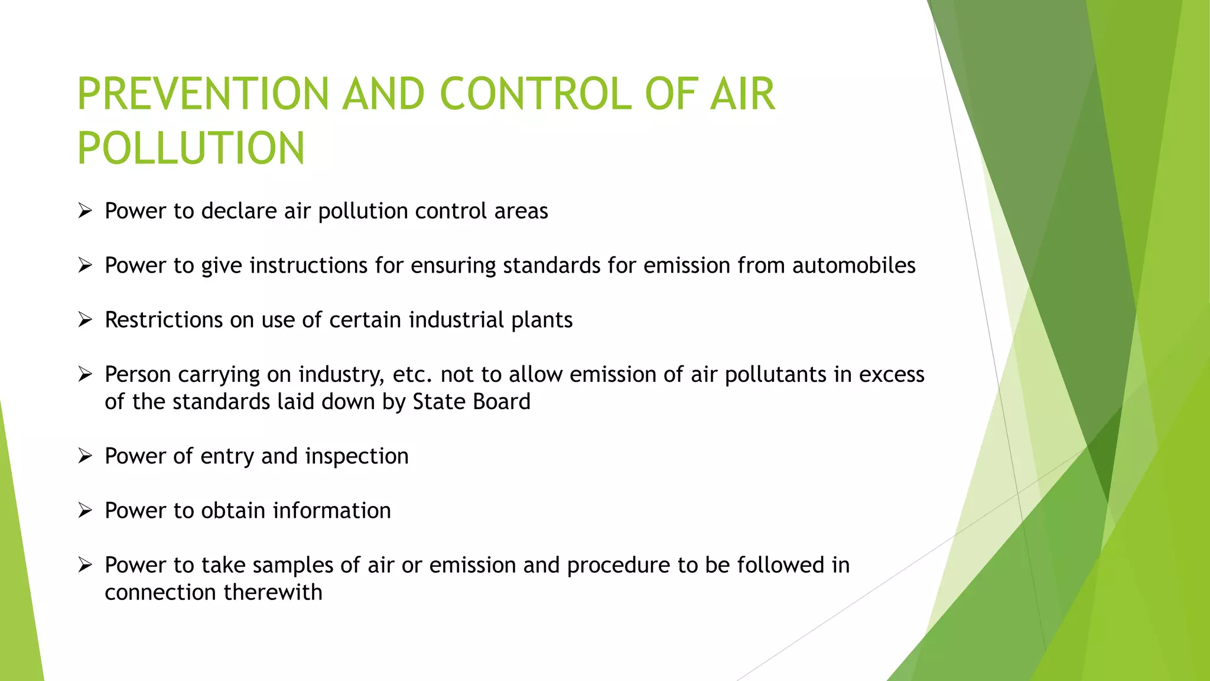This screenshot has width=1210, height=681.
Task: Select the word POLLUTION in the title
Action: click(191, 148)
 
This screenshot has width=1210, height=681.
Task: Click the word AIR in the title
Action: click(742, 95)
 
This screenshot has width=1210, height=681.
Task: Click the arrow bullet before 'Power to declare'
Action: click(85, 210)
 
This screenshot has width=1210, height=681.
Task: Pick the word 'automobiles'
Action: click(854, 265)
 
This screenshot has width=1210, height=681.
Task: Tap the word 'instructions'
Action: click(308, 265)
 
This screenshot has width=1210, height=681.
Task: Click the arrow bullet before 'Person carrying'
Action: click(85, 374)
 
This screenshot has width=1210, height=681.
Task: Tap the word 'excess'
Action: click(892, 375)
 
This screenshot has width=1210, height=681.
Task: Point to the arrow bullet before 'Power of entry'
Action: click(85, 456)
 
